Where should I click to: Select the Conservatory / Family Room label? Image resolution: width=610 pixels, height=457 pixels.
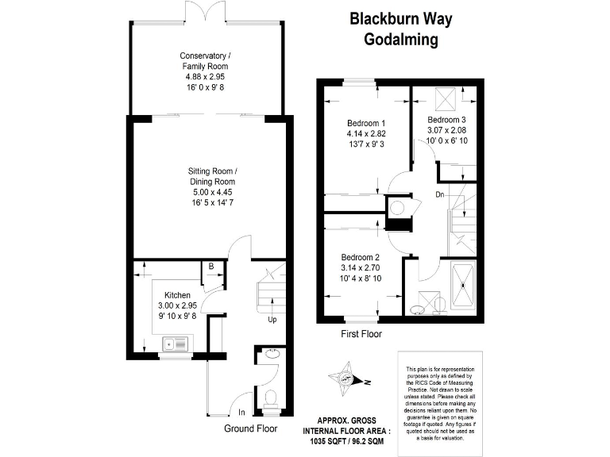[x=206, y=61]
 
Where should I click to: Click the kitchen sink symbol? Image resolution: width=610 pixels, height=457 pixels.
[x=173, y=344]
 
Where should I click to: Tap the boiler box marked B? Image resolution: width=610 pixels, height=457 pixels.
[x=210, y=267]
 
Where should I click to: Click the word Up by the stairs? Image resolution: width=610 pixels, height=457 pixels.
[x=272, y=321]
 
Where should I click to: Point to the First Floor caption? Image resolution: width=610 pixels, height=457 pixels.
[x=361, y=334]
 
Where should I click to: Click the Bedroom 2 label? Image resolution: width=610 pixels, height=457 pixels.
[x=361, y=257]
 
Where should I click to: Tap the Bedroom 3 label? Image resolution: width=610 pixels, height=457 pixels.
[x=446, y=119]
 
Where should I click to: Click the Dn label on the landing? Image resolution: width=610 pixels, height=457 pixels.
[x=439, y=193]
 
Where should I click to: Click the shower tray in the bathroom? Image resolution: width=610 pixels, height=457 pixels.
[x=461, y=283]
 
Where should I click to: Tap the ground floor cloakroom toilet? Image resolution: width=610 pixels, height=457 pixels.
[x=270, y=400]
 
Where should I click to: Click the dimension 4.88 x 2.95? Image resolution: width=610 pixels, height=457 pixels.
[x=205, y=77]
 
